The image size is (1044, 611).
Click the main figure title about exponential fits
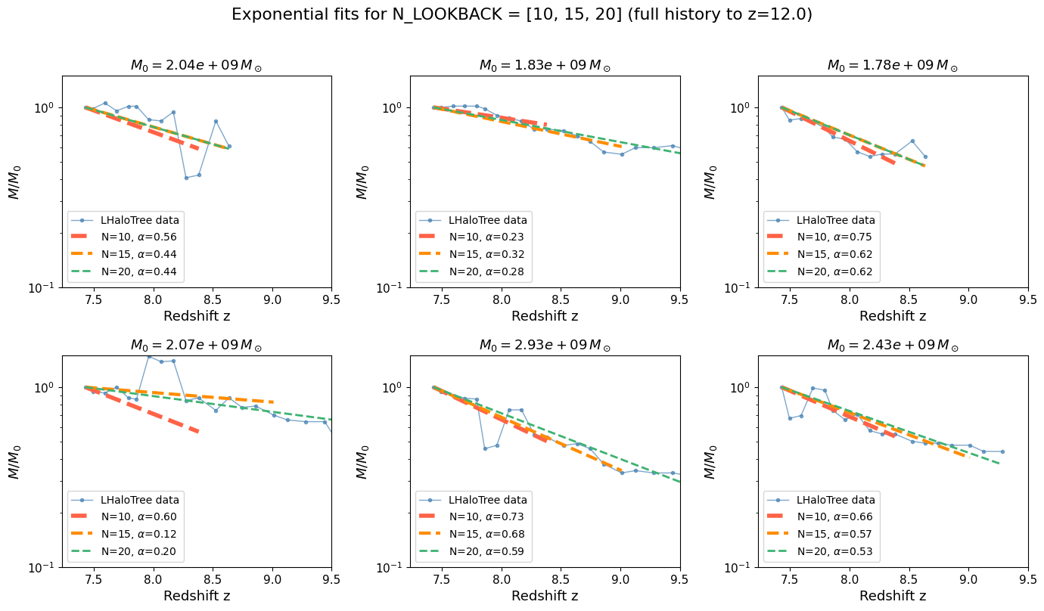pos(522,15)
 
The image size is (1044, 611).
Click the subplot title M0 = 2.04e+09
pos(196,66)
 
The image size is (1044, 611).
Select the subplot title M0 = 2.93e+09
pos(545,346)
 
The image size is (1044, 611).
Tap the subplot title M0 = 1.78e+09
pos(893,66)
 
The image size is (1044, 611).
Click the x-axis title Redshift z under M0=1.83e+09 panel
pos(545,316)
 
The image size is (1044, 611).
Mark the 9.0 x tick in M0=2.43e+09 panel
pos(968,580)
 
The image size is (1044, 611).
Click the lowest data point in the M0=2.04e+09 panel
pos(186,178)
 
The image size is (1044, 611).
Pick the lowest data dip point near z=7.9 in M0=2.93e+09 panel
pos(486,448)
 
